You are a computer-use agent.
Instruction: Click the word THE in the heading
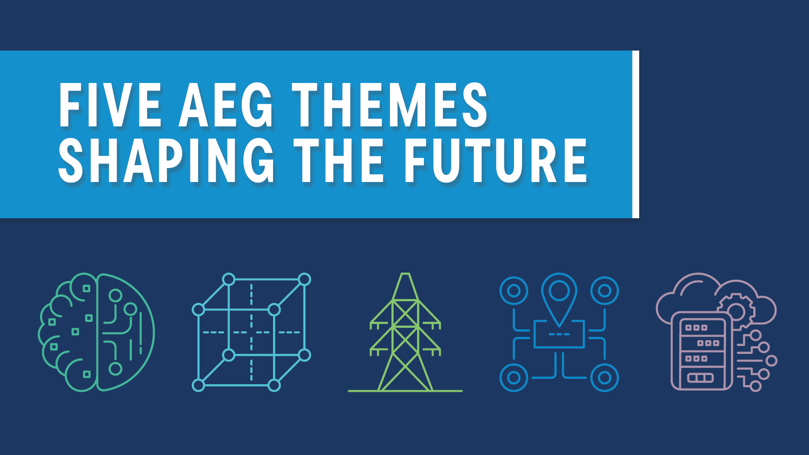click(338, 161)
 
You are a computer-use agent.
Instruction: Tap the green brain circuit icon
click(96, 332)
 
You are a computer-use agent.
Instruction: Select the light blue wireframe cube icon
click(252, 332)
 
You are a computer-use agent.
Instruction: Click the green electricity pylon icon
click(405, 333)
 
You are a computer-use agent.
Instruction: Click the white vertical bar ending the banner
click(636, 134)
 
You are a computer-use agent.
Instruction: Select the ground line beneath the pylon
click(405, 391)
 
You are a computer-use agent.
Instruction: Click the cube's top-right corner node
click(304, 279)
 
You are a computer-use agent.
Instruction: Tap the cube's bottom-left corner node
click(198, 385)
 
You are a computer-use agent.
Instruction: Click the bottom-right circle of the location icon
click(605, 378)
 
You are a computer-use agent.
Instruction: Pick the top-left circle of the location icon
click(514, 291)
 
